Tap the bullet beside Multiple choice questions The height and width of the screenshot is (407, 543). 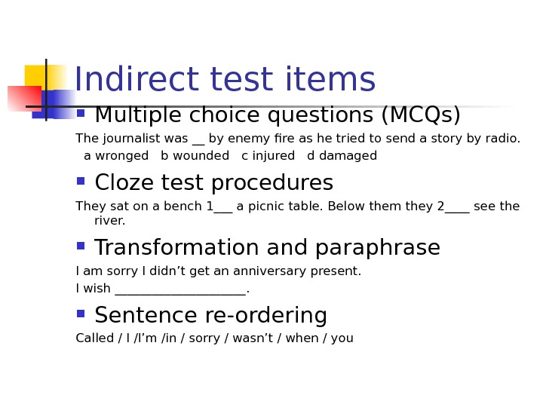click(81, 113)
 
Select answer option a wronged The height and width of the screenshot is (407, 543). click(116, 156)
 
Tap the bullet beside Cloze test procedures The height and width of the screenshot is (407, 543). click(81, 181)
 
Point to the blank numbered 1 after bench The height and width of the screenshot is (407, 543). click(220, 207)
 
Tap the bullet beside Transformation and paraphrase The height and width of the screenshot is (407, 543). click(81, 246)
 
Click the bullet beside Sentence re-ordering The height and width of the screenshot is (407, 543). click(81, 314)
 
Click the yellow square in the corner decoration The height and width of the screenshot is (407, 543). click(38, 76)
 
